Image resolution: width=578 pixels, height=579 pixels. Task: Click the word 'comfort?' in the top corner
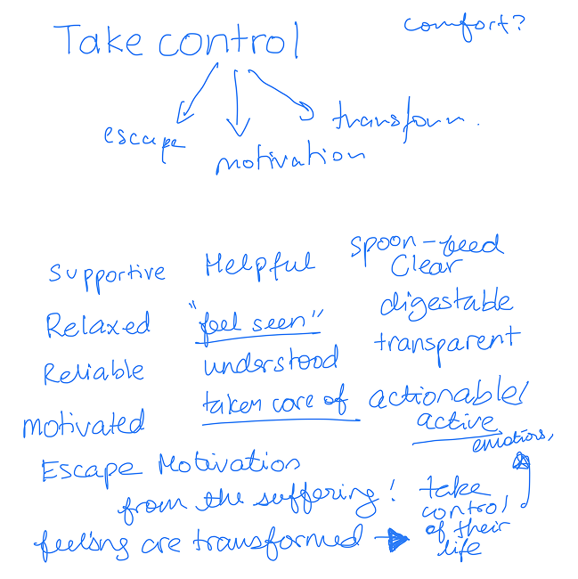tap(463, 24)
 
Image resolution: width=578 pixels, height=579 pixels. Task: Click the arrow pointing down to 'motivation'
tap(237, 102)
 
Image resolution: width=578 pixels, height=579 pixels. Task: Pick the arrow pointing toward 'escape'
tap(198, 94)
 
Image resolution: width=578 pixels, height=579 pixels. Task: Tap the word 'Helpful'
tap(258, 264)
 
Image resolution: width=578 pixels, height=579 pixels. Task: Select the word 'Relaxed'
tap(99, 325)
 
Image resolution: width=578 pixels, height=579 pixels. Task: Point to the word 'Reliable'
tap(94, 371)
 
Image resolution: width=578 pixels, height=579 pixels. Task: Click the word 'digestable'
tap(445, 304)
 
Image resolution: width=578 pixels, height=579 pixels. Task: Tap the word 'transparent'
tap(445, 341)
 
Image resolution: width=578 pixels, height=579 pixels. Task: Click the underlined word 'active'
tap(455, 424)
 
